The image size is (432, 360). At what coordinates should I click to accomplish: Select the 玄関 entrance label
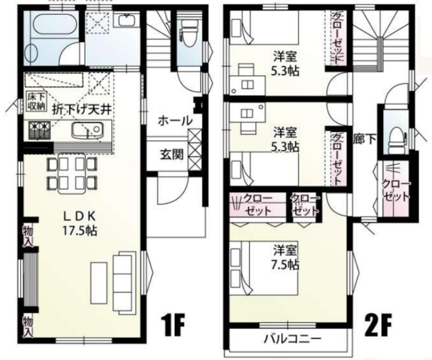(172, 155)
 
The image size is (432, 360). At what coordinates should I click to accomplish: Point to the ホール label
(175, 121)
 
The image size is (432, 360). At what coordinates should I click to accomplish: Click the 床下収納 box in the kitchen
(37, 102)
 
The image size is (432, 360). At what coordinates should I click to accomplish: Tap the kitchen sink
(87, 130)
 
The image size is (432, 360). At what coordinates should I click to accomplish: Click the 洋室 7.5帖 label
(286, 257)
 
